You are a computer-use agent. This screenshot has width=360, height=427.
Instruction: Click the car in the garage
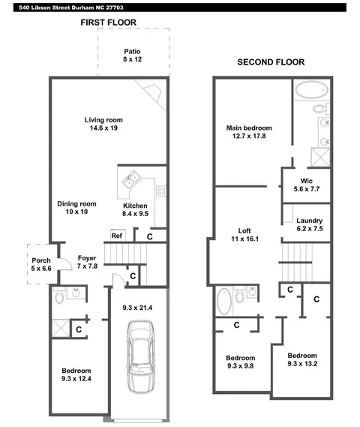click(x=140, y=356)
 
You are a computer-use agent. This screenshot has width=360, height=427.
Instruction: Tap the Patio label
click(x=132, y=51)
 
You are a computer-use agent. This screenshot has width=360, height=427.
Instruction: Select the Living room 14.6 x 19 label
click(x=103, y=124)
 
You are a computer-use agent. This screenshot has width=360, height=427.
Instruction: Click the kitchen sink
click(x=131, y=179)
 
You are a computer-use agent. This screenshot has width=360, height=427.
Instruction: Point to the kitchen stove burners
click(x=161, y=191)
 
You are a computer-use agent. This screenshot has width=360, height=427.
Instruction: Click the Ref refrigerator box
click(x=118, y=236)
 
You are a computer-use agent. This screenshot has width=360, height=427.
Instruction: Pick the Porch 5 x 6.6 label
click(x=41, y=264)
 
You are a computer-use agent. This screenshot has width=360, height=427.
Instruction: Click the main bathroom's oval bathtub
click(x=311, y=89)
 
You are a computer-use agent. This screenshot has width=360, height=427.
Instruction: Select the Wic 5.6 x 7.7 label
click(x=307, y=185)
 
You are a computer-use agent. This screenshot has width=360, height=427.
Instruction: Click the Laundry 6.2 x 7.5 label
click(x=310, y=224)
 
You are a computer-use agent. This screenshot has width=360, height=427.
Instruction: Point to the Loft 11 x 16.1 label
click(x=244, y=235)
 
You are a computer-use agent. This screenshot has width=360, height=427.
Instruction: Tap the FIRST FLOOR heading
click(x=108, y=23)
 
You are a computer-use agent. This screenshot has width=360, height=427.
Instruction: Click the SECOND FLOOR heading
click(x=271, y=62)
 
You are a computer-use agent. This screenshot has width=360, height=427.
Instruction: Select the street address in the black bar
click(x=71, y=8)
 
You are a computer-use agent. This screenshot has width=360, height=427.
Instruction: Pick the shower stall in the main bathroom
click(x=320, y=157)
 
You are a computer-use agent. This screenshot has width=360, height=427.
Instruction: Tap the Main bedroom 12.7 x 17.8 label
click(x=249, y=132)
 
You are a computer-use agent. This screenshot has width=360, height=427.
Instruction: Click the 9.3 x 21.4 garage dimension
click(x=137, y=308)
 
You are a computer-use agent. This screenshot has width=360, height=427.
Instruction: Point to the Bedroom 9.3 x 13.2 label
click(x=302, y=359)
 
